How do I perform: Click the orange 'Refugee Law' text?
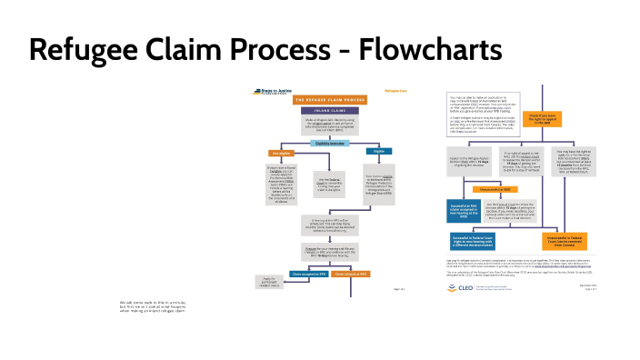pos(395,91)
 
